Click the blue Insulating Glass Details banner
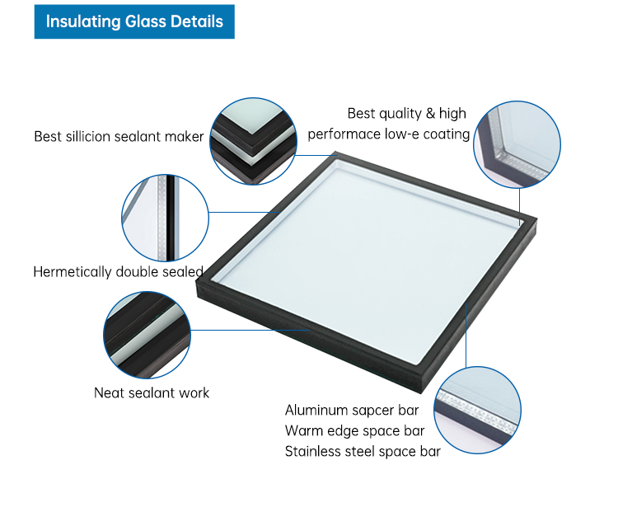[x=134, y=21]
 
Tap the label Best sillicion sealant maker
[x=119, y=136]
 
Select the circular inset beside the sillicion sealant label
[x=254, y=141]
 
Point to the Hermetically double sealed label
[x=118, y=272]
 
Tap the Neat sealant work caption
[x=152, y=392]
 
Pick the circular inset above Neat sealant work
[x=147, y=336]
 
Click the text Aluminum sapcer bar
[x=352, y=411]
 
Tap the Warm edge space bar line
[x=354, y=431]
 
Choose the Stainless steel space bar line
[x=363, y=452]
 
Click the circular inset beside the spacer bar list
[x=478, y=410]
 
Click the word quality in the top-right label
[x=400, y=114]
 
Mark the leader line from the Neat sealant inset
[x=250, y=330]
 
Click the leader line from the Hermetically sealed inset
[x=245, y=212]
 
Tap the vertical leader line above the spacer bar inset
[x=466, y=336]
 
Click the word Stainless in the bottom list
[x=311, y=452]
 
